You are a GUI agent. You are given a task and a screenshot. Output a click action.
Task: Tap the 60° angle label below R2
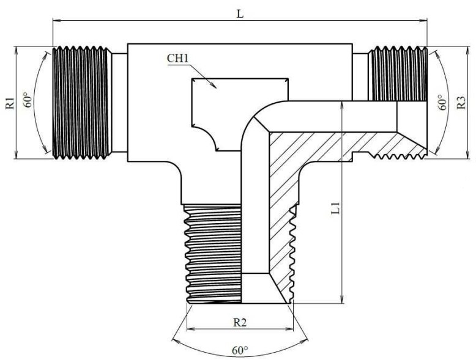click(240, 350)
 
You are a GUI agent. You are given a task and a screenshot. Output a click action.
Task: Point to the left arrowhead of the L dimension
click(56, 21)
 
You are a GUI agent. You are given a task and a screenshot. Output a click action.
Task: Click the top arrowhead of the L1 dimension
click(340, 105)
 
